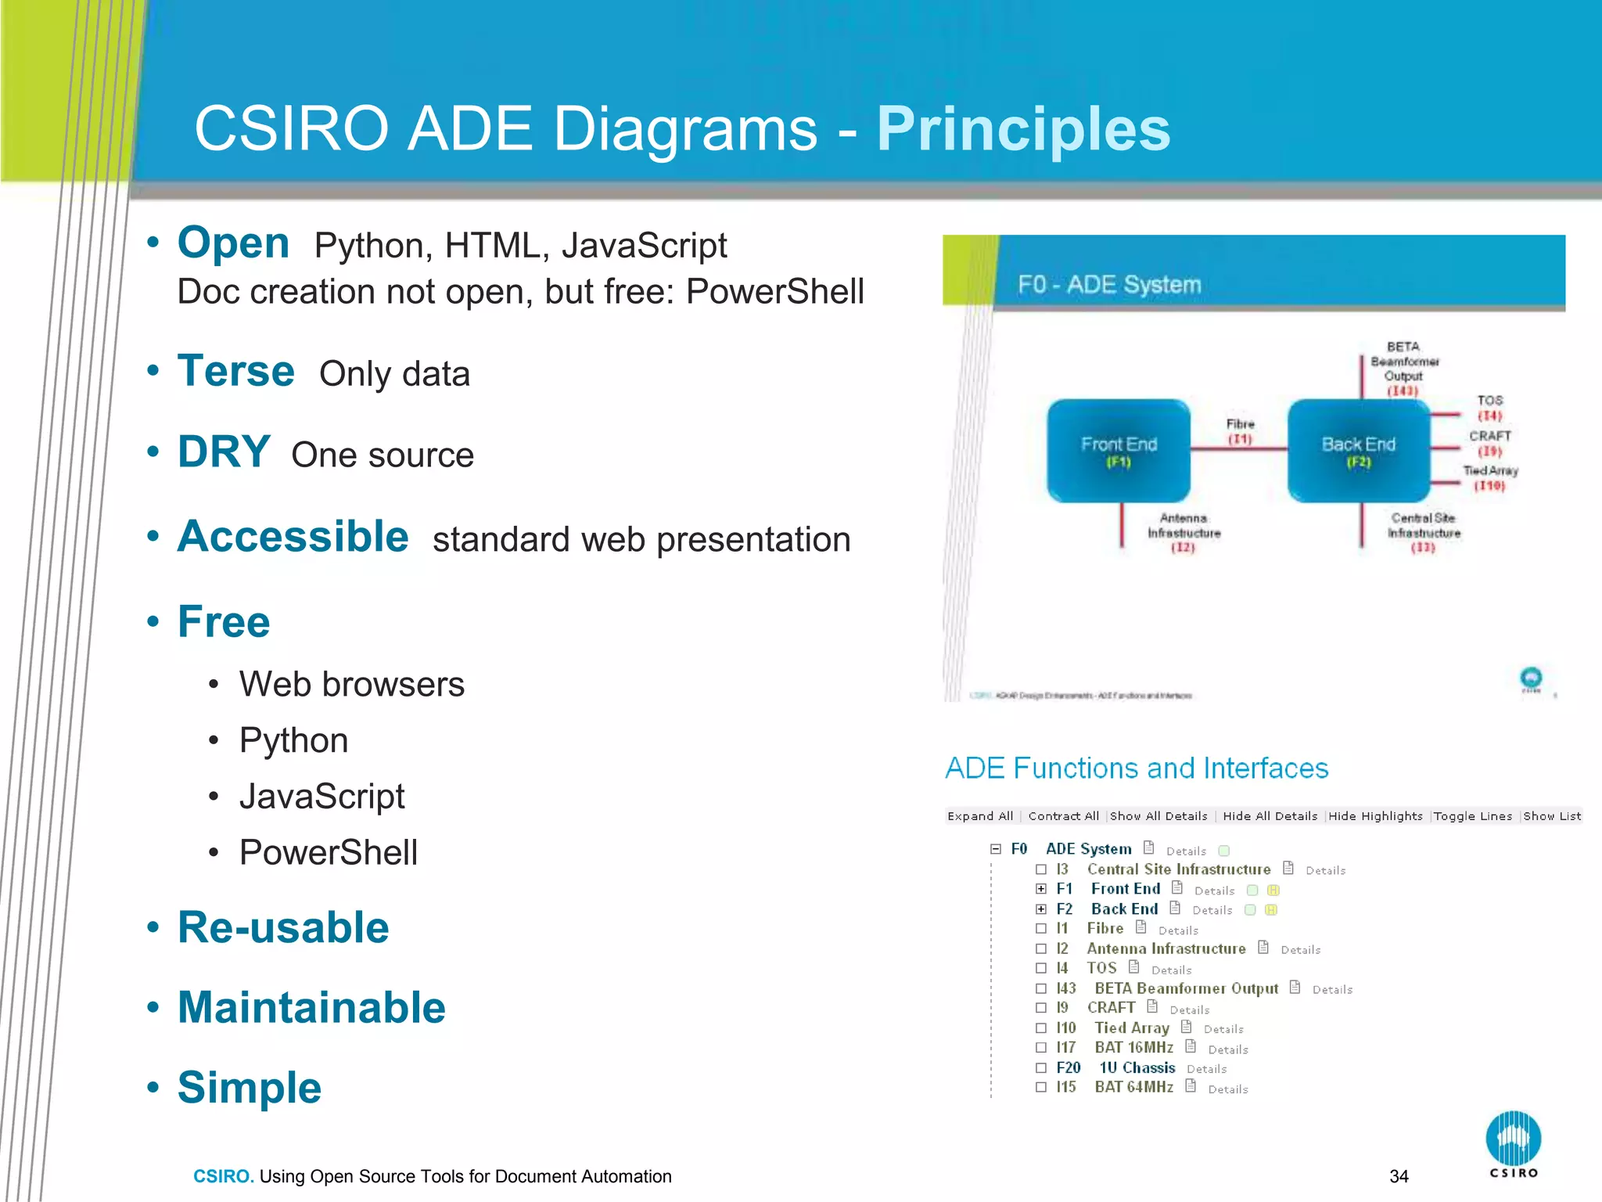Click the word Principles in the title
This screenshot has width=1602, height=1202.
click(1022, 129)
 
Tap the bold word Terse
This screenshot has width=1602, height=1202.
click(235, 371)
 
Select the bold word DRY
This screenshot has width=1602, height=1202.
click(224, 452)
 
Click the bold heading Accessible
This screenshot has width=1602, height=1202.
click(293, 537)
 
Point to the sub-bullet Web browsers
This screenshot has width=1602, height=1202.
click(351, 684)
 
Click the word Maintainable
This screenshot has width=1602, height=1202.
click(311, 1007)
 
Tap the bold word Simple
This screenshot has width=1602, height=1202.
click(249, 1088)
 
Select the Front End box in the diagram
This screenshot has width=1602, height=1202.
click(1118, 451)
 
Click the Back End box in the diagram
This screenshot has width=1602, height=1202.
click(1358, 451)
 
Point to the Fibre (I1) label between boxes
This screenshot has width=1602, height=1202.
click(1240, 431)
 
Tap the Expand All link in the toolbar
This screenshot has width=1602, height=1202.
click(979, 816)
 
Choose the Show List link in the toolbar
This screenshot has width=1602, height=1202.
click(1552, 816)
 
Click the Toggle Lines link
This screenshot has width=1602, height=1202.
click(1472, 816)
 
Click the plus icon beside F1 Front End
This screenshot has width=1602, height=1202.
click(1040, 889)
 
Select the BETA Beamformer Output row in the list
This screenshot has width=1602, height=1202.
click(1186, 988)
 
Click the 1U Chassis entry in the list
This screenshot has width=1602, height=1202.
click(1137, 1067)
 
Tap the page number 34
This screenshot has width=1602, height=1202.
click(1399, 1176)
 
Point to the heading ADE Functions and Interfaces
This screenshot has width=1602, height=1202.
click(1136, 768)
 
